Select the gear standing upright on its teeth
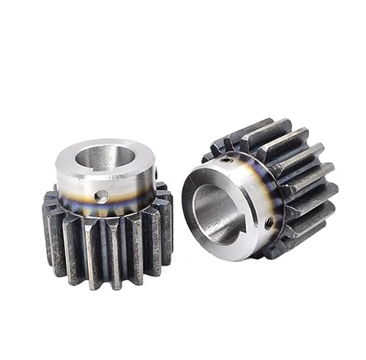(106, 212)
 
